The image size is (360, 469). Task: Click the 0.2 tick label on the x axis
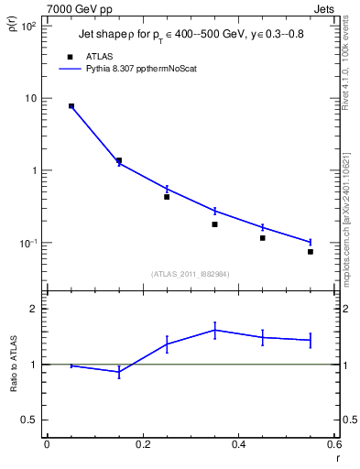click(142, 444)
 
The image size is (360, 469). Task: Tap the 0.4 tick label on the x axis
click(238, 444)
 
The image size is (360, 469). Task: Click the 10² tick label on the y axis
click(27, 26)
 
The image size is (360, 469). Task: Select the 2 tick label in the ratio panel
click(35, 309)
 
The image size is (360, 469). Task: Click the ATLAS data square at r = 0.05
click(71, 106)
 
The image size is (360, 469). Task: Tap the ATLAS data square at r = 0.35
click(214, 224)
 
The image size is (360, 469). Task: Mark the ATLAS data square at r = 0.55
click(311, 252)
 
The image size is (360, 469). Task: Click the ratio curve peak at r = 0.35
click(214, 330)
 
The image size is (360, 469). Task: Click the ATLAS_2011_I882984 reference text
click(190, 273)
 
